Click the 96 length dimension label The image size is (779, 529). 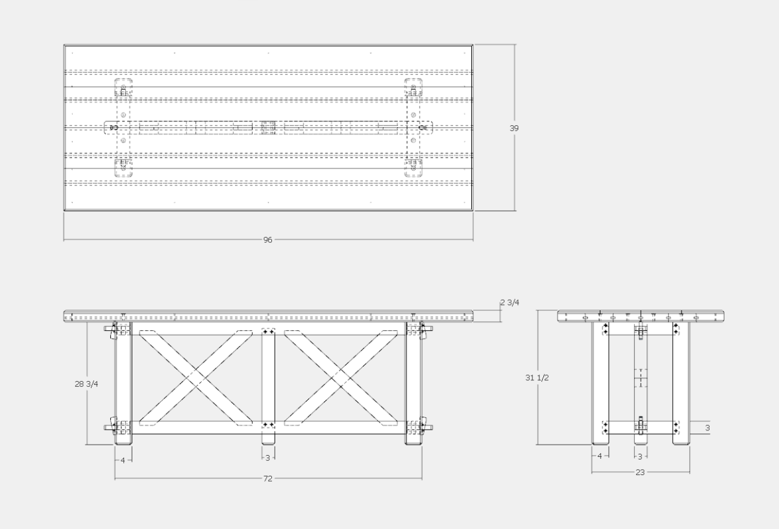coord(267,240)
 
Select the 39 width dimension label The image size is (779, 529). coord(514,129)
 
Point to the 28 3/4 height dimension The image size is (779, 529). coord(86,384)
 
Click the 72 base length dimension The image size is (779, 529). coord(267,479)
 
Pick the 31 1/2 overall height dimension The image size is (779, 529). coord(538,378)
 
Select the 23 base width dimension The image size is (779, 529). coord(640,473)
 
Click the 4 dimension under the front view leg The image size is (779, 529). coord(123,460)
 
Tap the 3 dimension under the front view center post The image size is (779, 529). coord(268,458)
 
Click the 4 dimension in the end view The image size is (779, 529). coord(600,456)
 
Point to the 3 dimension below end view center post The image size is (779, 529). coord(640,456)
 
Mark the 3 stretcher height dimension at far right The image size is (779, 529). coord(708,428)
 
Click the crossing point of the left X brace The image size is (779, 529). coord(195,377)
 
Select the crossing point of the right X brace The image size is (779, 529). coord(341,377)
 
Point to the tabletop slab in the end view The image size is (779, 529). coord(640,317)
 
